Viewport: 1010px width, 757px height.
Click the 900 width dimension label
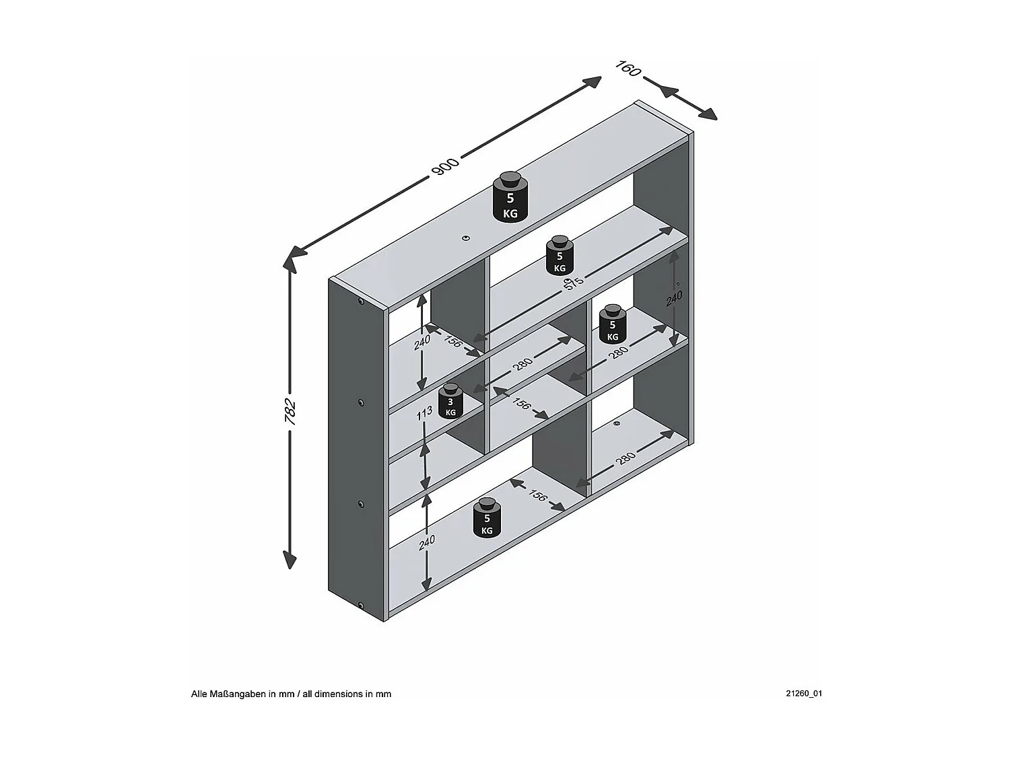pos(445,166)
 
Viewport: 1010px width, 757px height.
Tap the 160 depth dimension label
pos(628,68)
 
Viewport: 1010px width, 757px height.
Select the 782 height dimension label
pos(290,412)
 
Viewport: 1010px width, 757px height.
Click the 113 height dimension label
pos(423,412)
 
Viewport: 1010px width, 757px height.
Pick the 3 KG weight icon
pos(450,402)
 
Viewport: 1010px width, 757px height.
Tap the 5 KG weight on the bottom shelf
pos(487,517)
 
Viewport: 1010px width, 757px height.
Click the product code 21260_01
pos(803,693)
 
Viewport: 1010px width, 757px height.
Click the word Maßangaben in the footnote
pos(239,694)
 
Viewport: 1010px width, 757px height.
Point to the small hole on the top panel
pos(465,238)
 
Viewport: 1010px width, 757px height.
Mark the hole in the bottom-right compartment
pos(617,424)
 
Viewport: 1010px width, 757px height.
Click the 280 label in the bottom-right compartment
pos(626,458)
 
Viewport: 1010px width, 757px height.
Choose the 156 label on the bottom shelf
pos(537,495)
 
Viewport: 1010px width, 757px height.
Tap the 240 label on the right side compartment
pos(675,298)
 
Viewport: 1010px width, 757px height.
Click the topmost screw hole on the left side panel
pos(362,302)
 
